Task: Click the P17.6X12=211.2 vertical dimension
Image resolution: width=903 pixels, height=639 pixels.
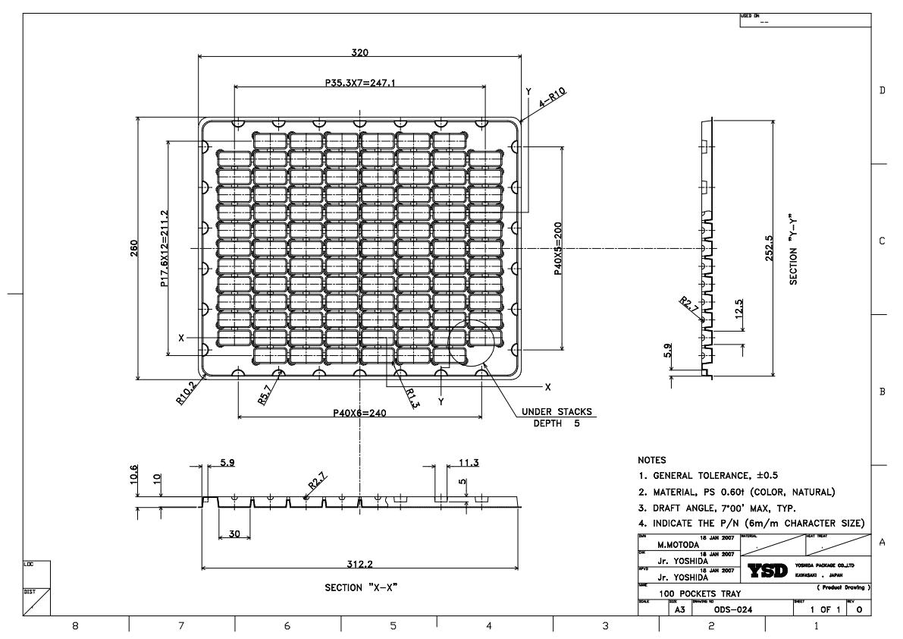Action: click(x=164, y=249)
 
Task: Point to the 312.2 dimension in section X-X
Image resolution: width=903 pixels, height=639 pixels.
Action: click(x=360, y=563)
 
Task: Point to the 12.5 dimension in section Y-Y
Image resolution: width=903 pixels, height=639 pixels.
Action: click(x=738, y=311)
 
